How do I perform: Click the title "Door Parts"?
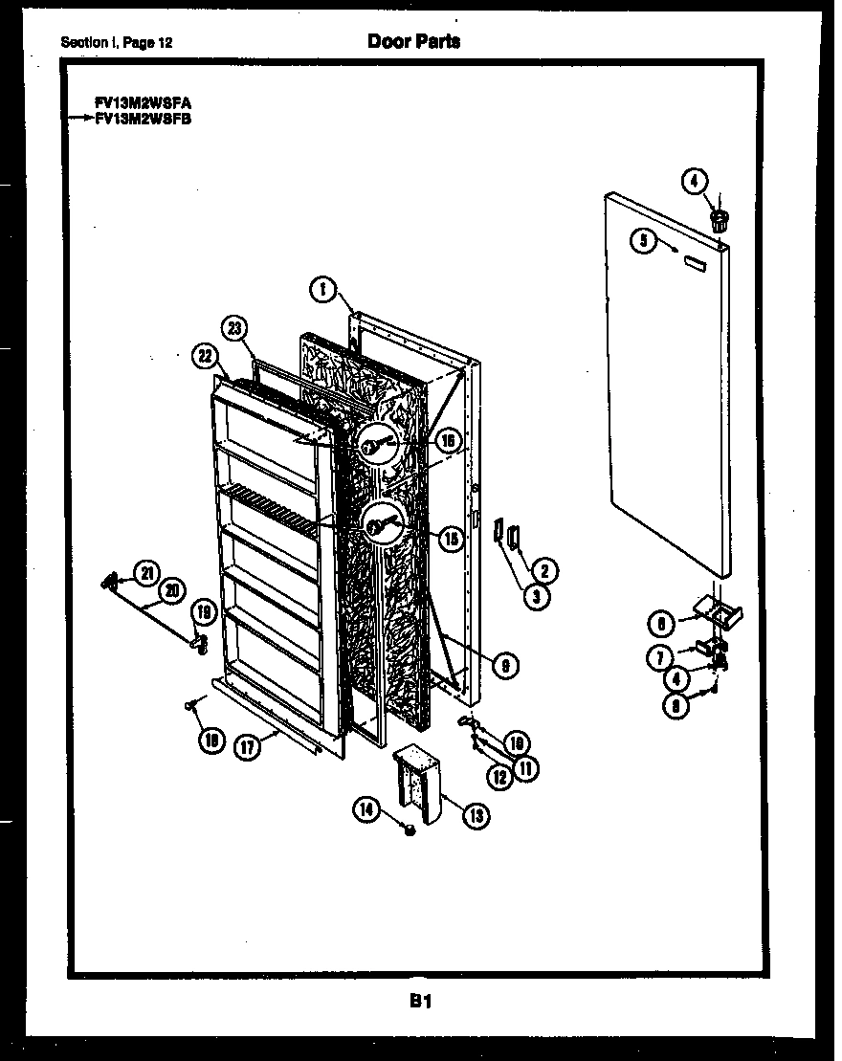(413, 41)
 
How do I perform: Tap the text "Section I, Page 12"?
(117, 43)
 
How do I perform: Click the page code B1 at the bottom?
(421, 1002)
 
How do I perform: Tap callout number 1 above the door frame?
(324, 286)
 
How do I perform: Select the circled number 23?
(233, 327)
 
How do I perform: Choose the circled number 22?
(203, 355)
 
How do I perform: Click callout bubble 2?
(544, 571)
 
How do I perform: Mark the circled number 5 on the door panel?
(645, 241)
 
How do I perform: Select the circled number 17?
(247, 748)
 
